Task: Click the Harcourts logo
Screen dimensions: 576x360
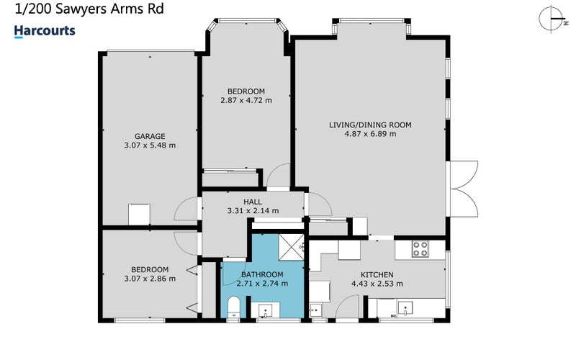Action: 45,31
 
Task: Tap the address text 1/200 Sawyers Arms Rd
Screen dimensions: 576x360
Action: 89,9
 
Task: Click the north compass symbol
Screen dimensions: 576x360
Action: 553,19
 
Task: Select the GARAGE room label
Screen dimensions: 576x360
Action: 150,136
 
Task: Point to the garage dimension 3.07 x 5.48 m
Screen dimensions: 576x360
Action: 150,145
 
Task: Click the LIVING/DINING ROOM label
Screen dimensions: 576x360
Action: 370,125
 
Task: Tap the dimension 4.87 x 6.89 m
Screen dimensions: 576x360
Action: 370,134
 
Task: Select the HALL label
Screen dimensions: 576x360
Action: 253,202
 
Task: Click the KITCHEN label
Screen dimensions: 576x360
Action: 377,275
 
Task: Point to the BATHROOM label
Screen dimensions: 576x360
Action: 262,274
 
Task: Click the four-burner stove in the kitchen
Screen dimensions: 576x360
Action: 420,248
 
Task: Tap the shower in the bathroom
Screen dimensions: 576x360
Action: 292,247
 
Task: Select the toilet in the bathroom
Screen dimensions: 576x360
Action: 233,307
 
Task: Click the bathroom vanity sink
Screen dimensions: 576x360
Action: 265,310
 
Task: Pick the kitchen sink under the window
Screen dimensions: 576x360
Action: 405,308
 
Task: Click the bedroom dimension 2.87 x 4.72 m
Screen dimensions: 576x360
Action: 246,100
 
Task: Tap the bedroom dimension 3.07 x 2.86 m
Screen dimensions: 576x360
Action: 150,279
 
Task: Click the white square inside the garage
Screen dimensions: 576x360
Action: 139,215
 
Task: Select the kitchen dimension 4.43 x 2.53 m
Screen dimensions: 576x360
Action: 377,284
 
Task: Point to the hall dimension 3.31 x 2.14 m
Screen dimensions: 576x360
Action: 253,211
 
